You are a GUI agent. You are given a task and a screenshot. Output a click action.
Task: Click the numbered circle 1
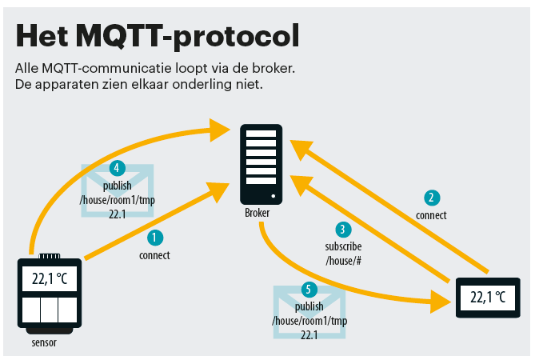click(x=155, y=238)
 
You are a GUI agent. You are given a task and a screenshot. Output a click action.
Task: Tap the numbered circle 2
click(x=431, y=198)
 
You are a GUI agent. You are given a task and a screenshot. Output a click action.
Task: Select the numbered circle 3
click(x=343, y=230)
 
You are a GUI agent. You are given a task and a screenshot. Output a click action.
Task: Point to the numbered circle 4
click(x=116, y=169)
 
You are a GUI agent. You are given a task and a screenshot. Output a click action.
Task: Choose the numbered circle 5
click(x=309, y=290)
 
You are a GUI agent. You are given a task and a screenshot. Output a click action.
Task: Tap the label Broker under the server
click(x=257, y=214)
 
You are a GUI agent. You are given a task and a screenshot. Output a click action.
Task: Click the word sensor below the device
click(x=44, y=343)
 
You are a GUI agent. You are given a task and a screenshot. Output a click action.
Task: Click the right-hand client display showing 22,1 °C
click(x=488, y=298)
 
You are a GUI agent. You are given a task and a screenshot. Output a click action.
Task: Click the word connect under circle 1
click(x=154, y=255)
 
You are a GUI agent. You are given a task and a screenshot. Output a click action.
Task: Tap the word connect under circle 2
click(x=431, y=215)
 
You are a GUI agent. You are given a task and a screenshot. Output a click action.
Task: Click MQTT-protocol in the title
click(x=184, y=36)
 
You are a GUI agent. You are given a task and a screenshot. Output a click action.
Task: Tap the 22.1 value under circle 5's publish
click(x=309, y=335)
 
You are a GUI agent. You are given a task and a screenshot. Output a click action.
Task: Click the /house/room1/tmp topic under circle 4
click(x=117, y=200)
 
